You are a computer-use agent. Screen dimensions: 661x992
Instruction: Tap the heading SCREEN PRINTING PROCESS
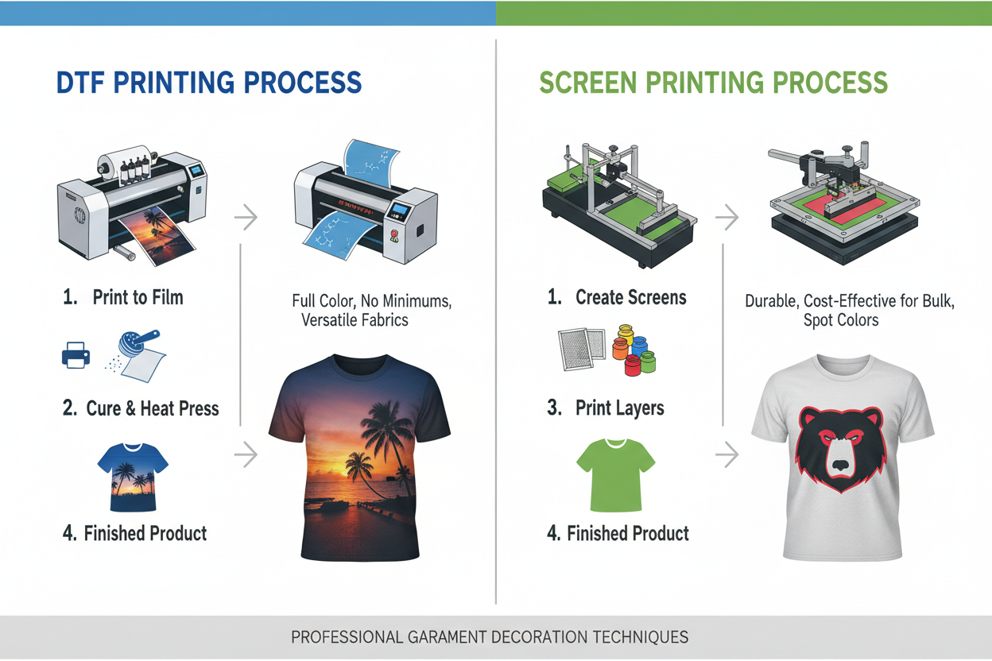coord(713,83)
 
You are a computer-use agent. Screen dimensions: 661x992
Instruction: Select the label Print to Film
coord(138,298)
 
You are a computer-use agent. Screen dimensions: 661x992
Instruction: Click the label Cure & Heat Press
coord(152,409)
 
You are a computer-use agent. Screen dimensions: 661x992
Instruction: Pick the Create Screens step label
coord(630,298)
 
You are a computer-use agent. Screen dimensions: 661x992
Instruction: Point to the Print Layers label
coord(619,409)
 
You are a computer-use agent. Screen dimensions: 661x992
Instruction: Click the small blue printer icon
coord(76,355)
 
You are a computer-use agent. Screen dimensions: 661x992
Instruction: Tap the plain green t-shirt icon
coord(614,474)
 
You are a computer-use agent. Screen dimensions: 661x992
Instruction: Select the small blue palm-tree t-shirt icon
coord(133,476)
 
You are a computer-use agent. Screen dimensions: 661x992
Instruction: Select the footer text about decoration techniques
coord(489,636)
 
